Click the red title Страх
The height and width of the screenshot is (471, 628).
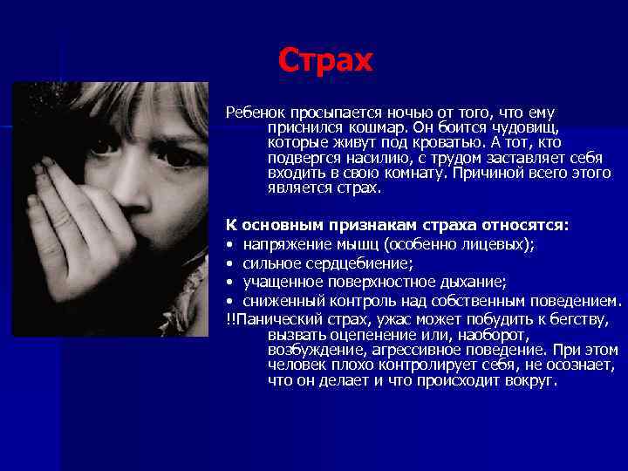point(324,60)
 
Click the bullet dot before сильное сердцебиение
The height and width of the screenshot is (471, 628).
point(230,263)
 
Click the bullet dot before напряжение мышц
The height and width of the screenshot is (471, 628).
point(230,244)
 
